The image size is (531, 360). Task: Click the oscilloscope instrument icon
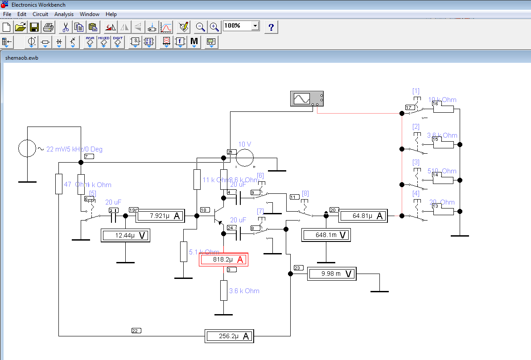point(307,98)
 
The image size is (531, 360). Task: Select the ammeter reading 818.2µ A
point(223,260)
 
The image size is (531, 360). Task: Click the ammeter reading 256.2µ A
point(229,336)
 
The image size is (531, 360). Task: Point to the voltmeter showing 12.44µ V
point(125,235)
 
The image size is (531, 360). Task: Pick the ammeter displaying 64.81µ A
point(363,216)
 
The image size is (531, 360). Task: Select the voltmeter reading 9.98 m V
point(332,274)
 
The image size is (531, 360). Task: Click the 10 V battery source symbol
point(245,158)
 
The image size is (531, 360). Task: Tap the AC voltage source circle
point(27,148)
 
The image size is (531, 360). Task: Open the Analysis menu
point(64,14)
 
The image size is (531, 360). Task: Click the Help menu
point(111,14)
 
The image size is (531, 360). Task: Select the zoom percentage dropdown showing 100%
point(241,26)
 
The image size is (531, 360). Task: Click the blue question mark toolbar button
point(271,27)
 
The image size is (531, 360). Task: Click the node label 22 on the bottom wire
point(136,331)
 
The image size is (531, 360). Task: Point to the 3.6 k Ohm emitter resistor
point(223,290)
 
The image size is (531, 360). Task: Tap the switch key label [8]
point(305,194)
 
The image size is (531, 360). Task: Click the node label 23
point(298,268)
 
